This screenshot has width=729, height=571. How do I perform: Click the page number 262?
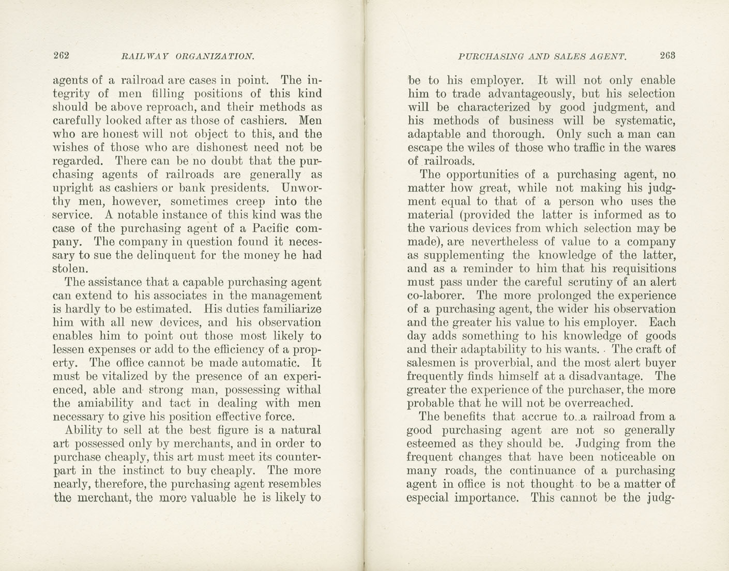[61, 56]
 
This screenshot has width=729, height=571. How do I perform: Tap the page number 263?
[667, 55]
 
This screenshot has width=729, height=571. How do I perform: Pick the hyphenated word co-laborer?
[436, 296]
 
